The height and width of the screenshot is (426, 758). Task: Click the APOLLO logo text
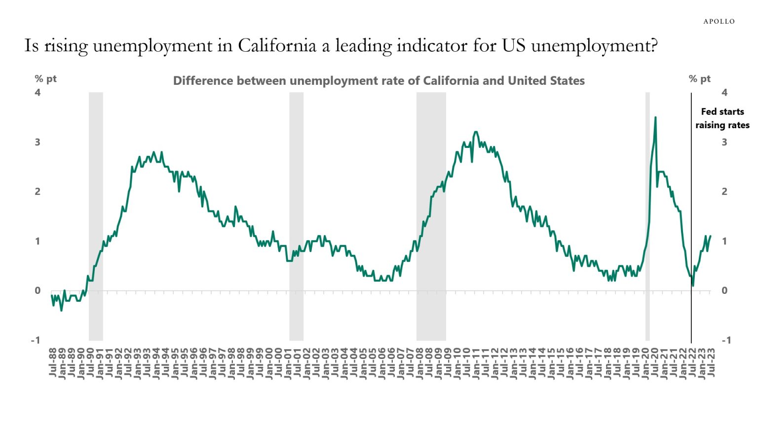(719, 21)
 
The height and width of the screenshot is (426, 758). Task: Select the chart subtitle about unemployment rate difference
(379, 81)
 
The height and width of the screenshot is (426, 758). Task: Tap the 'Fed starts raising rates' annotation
(722, 118)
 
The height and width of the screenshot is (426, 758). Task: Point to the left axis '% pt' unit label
(45, 79)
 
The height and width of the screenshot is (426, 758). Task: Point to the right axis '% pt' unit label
(699, 79)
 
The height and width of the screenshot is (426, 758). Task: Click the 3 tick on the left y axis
(38, 142)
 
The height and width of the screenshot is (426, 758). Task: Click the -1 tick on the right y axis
(725, 340)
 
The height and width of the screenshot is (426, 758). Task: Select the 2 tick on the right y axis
(724, 191)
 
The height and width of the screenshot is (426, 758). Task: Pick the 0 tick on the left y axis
(38, 290)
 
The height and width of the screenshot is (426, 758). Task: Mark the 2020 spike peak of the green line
(655, 117)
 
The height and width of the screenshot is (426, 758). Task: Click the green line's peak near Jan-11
(476, 132)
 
